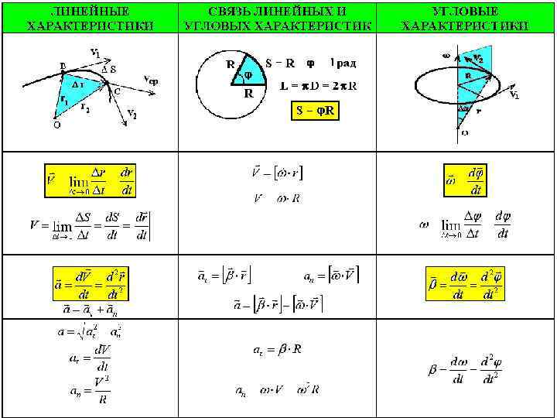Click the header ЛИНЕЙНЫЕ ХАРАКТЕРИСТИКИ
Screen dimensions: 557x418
coord(90,19)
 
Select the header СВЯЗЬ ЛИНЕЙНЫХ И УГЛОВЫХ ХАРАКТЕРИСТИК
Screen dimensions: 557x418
coord(278,19)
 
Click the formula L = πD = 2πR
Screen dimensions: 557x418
coord(318,85)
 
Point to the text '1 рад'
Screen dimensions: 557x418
coord(343,62)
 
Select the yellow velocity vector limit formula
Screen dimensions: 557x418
coord(90,180)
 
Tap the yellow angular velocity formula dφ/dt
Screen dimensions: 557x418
coord(466,180)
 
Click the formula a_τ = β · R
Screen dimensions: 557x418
coord(278,350)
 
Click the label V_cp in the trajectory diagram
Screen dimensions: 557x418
coord(152,79)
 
